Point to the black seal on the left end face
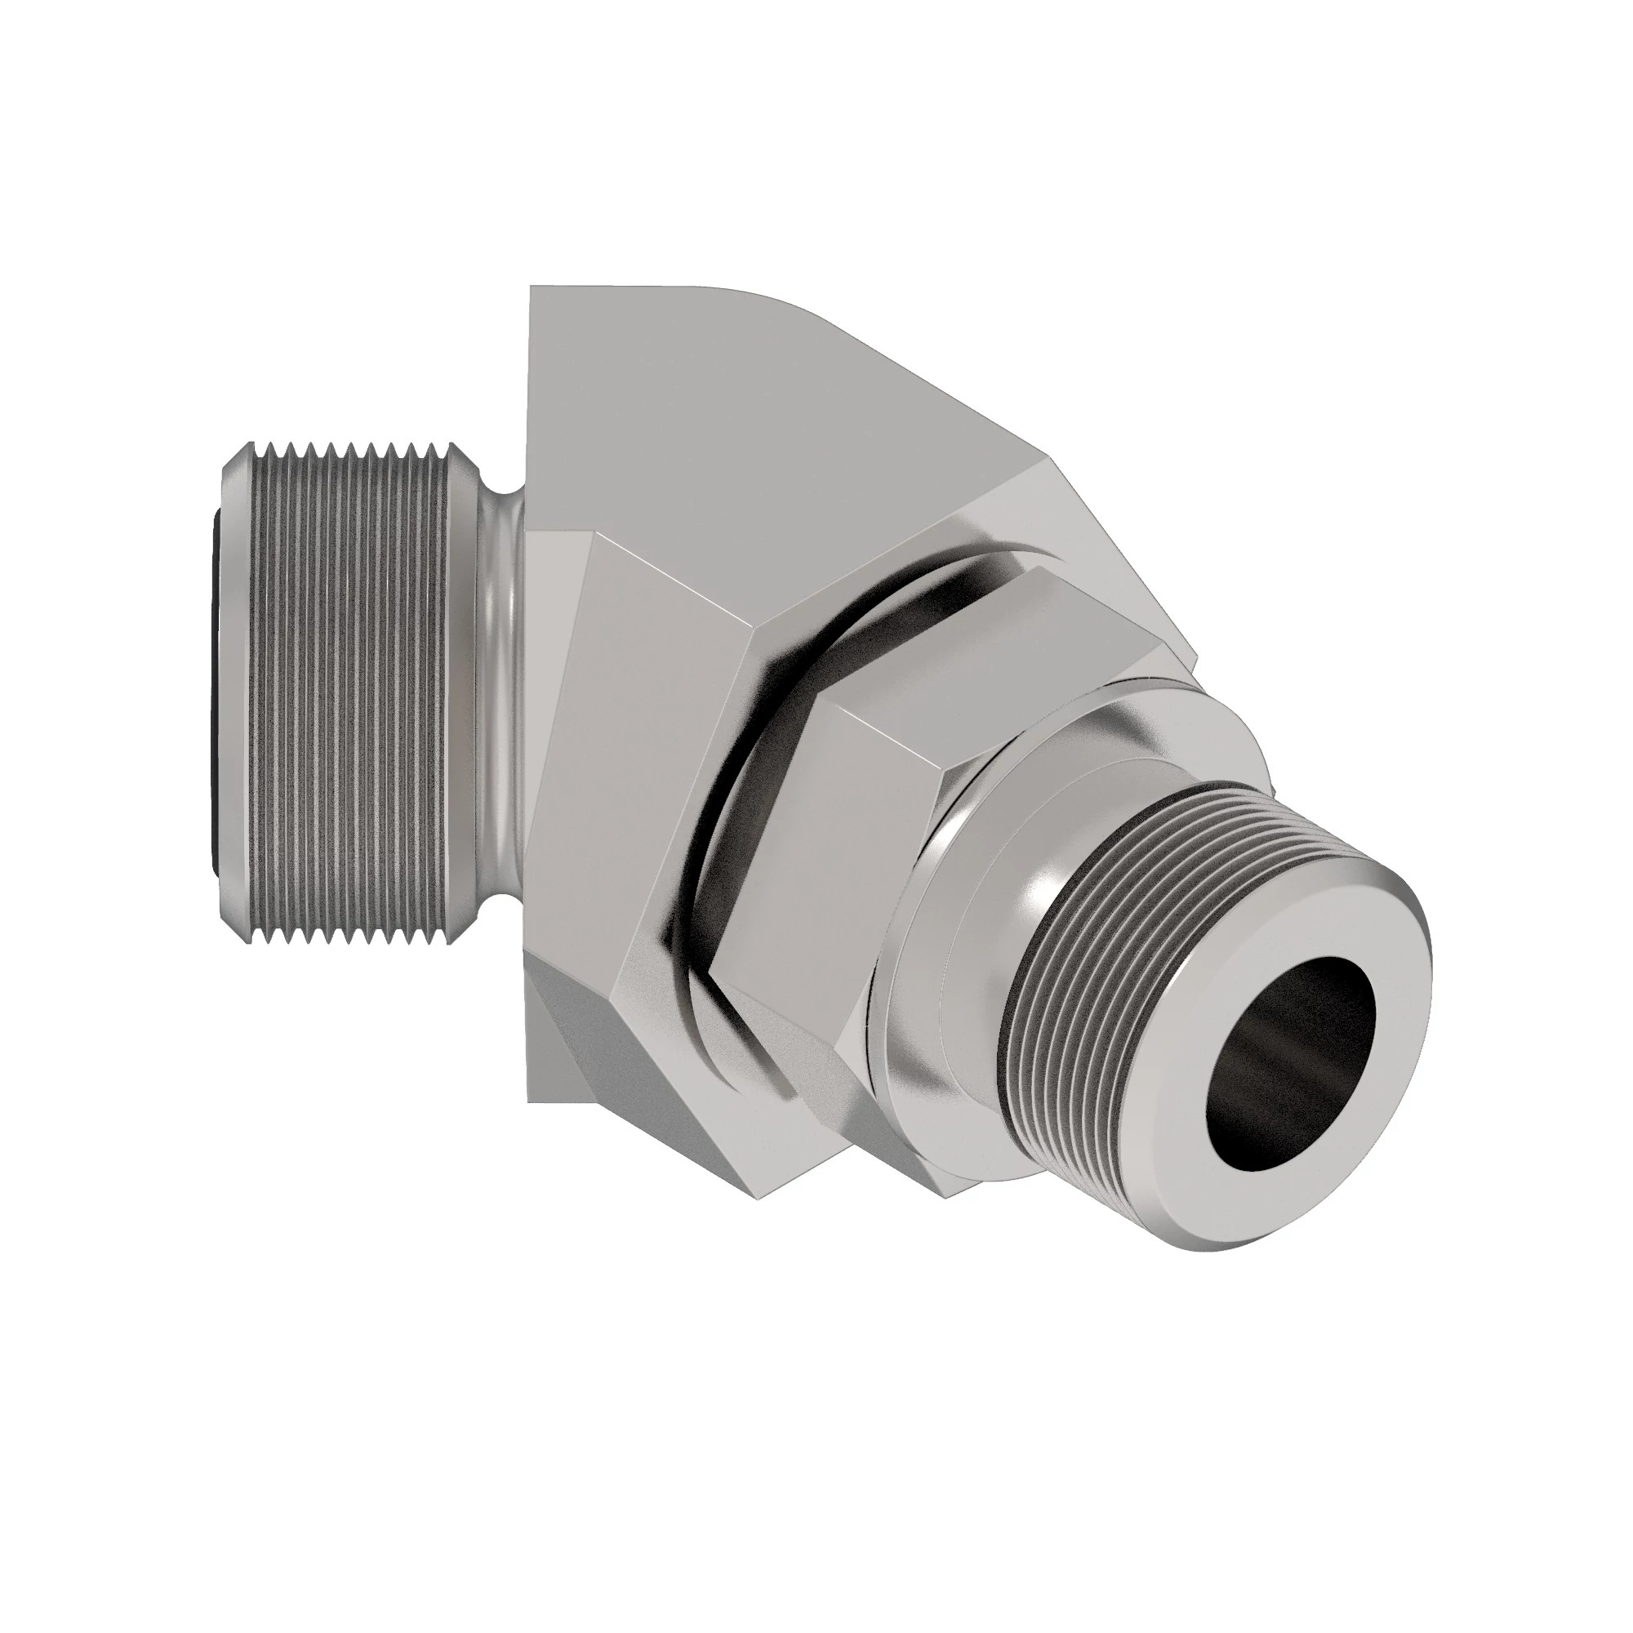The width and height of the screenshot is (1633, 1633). [x=214, y=676]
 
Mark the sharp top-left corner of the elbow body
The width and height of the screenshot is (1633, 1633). [x=531, y=288]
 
